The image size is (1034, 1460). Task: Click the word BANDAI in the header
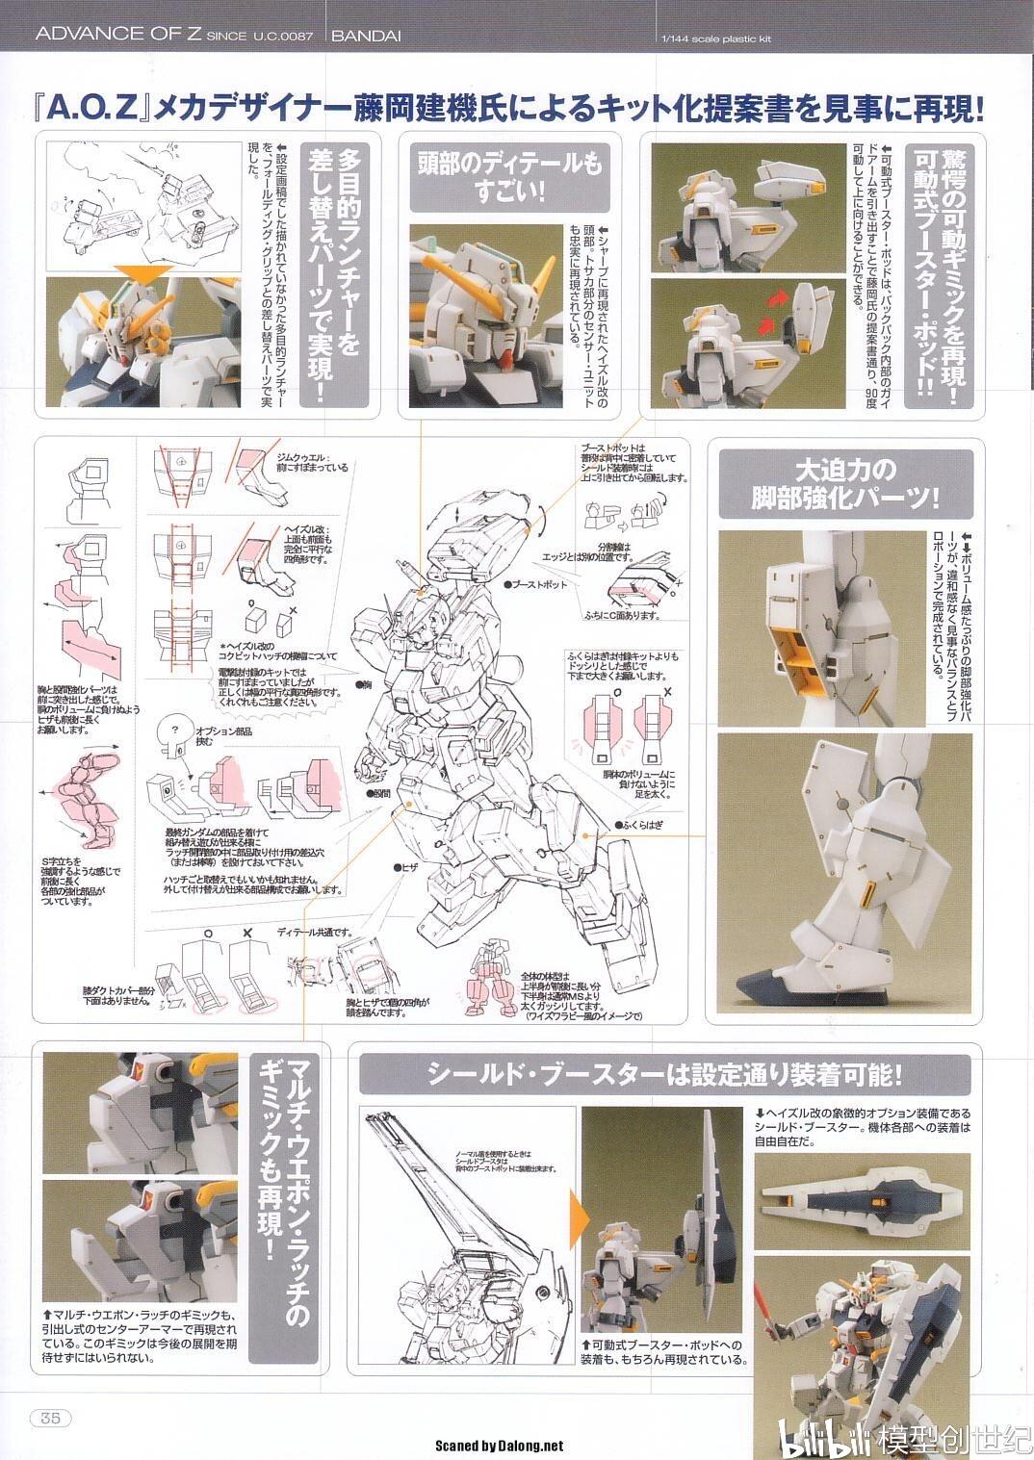point(366,36)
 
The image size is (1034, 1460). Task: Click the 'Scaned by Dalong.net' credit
point(499,1445)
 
